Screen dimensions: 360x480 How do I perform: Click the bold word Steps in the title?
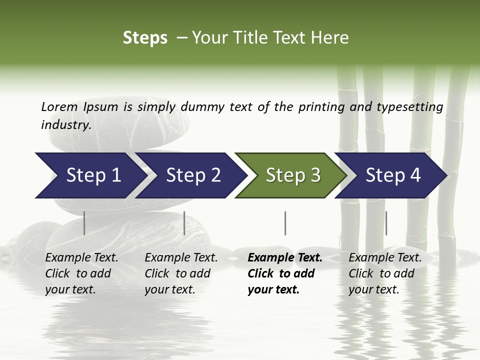145,38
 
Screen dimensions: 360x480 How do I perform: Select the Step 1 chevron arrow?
90,175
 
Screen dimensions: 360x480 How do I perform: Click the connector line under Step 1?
84,223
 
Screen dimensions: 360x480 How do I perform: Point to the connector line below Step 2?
184,223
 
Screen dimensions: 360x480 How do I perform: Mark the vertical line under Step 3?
285,223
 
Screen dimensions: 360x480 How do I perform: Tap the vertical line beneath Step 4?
386,223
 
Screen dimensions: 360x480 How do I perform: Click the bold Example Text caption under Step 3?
285,273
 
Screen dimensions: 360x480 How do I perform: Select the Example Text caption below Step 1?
81,273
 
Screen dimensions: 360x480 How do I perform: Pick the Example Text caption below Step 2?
181,273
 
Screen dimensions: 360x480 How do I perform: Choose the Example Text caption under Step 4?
385,273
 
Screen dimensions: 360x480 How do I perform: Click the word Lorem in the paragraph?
59,106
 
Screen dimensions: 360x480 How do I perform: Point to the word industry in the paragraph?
65,125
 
